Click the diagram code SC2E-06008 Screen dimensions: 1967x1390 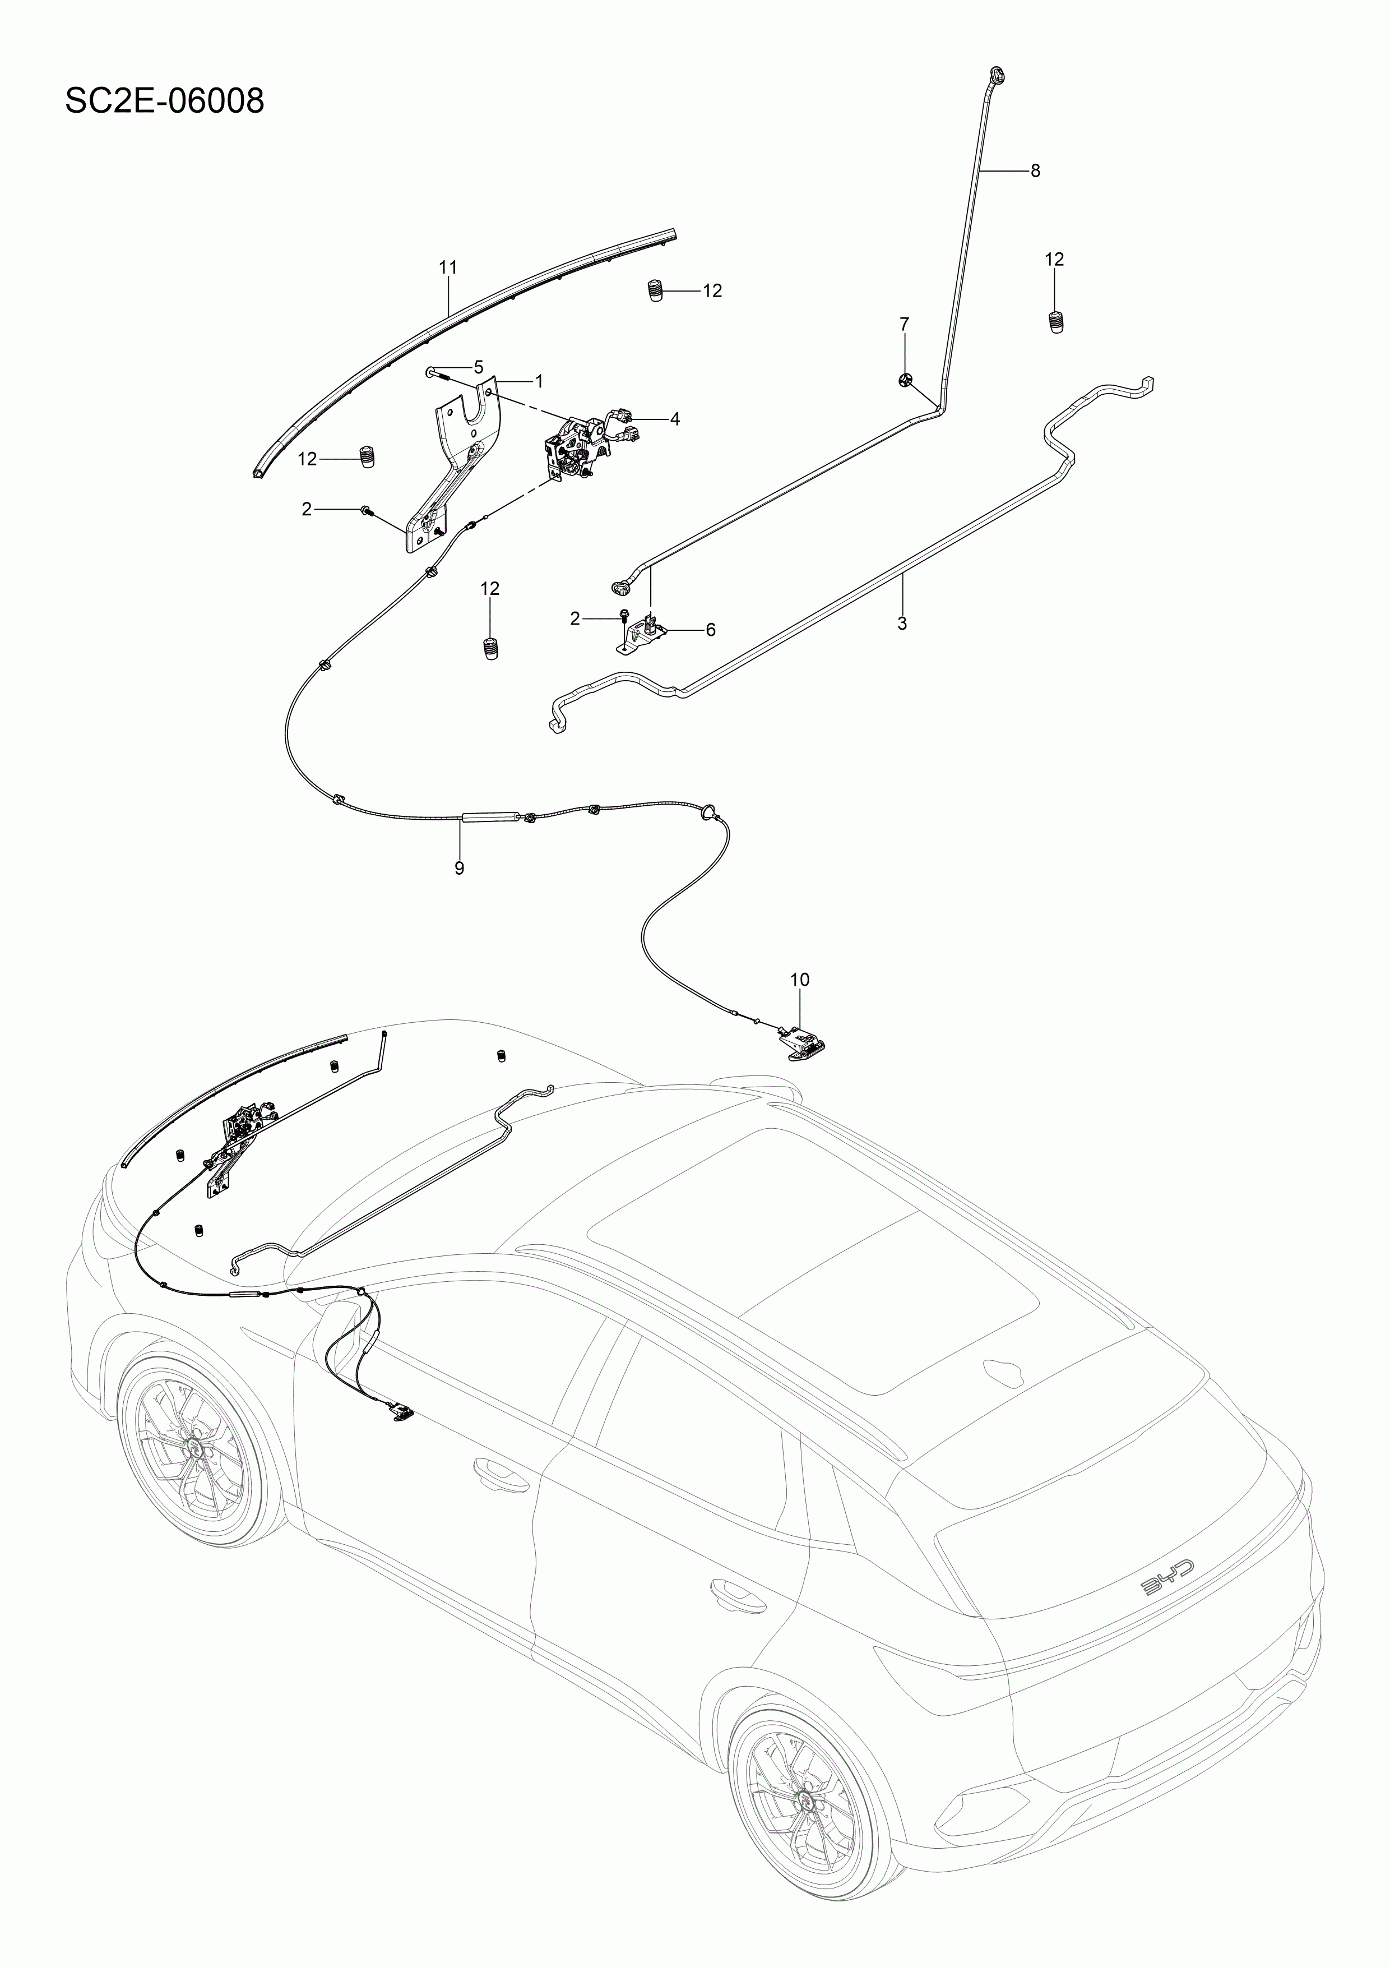pyautogui.click(x=164, y=101)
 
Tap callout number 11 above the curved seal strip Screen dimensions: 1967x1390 pyautogui.click(x=448, y=267)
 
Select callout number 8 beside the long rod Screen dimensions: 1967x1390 pyautogui.click(x=1035, y=170)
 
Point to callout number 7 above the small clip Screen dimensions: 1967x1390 pyautogui.click(x=905, y=324)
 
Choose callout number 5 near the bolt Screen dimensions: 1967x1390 pyautogui.click(x=478, y=367)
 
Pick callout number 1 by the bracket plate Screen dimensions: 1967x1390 pyautogui.click(x=539, y=380)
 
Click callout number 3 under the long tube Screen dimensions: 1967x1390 pyautogui.click(x=902, y=623)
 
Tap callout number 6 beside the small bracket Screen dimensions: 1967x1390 pyautogui.click(x=710, y=630)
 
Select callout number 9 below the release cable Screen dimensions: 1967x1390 pyautogui.click(x=459, y=868)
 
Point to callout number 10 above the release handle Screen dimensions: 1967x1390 pyautogui.click(x=799, y=979)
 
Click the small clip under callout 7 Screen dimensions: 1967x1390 pyautogui.click(x=905, y=380)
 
